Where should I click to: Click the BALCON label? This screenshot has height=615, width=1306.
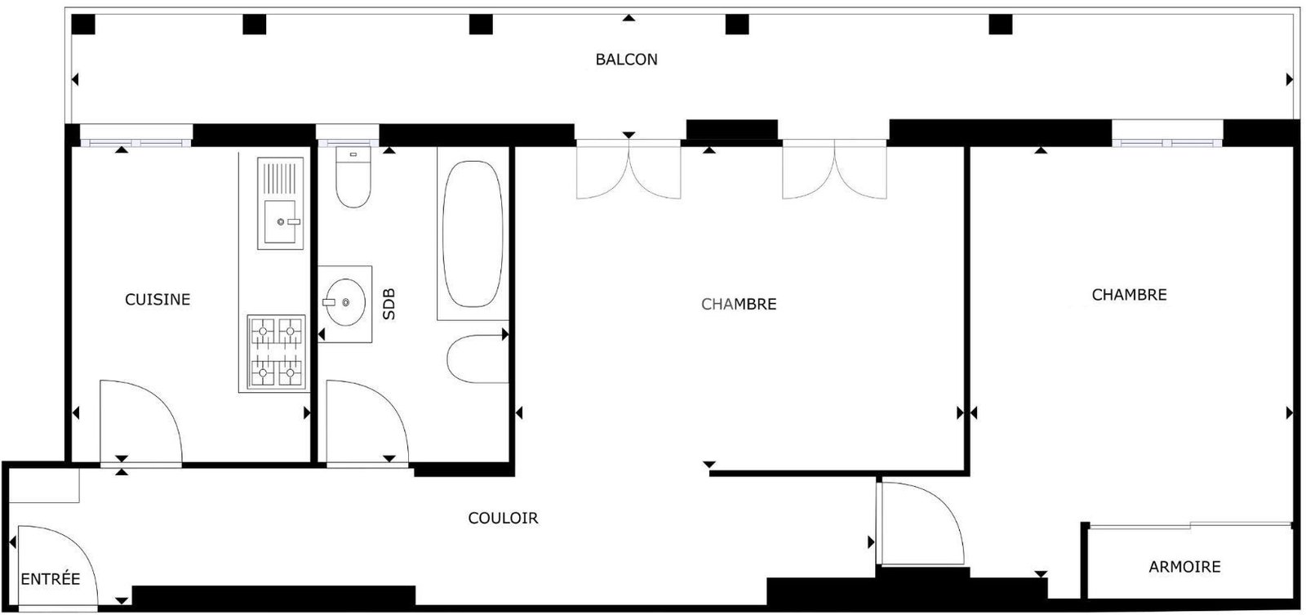pos(626,60)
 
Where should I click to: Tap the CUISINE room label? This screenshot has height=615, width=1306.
pos(158,299)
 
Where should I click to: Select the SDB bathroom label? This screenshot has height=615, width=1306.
pos(389,304)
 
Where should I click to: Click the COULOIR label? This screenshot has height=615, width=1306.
pos(503,518)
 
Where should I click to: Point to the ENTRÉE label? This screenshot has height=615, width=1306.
pos(50,579)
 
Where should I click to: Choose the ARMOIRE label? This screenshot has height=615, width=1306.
pos(1184,567)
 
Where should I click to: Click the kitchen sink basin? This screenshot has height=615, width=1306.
pos(280,221)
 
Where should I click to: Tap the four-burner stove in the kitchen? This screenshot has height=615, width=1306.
pos(277,352)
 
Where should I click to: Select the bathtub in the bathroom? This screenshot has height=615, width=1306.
pos(473,234)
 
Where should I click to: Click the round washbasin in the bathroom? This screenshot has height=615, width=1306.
pos(346,302)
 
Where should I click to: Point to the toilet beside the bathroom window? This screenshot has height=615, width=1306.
pos(353,176)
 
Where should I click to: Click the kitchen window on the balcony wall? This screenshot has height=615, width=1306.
pos(135,142)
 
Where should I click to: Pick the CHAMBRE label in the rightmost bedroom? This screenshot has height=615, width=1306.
pos(1129,295)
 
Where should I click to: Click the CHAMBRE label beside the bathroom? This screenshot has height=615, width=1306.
pos(739,304)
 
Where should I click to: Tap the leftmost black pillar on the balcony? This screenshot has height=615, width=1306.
pos(82,25)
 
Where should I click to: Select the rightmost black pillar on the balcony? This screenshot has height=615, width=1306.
pos(1001,25)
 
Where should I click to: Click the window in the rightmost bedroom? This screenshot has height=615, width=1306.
pos(1167,142)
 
